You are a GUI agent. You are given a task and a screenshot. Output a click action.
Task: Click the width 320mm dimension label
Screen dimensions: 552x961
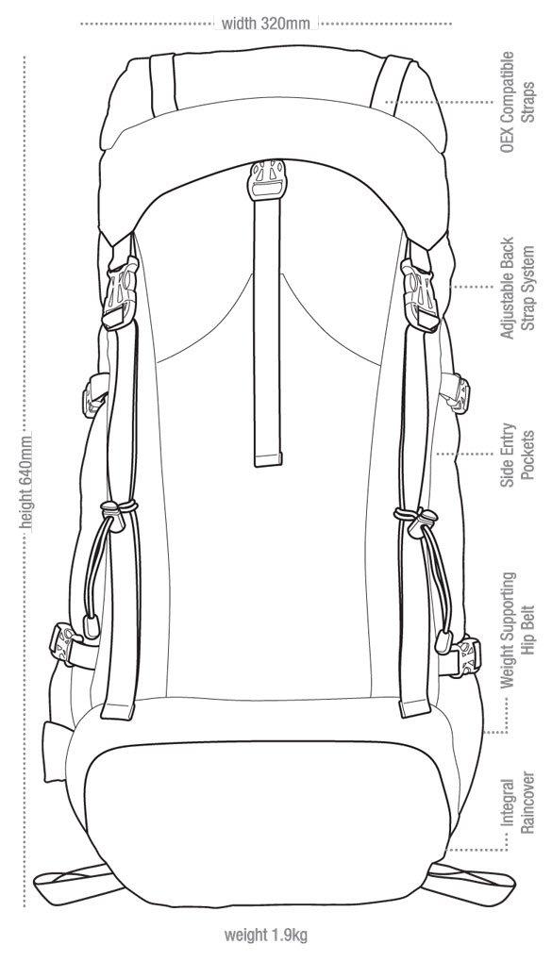266,24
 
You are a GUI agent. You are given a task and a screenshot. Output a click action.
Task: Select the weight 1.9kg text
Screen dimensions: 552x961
265,936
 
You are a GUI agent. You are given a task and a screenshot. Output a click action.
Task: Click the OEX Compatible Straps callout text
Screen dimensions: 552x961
516,102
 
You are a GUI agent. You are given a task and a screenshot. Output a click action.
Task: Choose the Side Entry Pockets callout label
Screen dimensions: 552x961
517,455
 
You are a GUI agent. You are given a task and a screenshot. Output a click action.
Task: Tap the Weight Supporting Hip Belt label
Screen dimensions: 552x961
517,629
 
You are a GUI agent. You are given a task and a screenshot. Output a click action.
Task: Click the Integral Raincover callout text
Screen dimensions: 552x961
517,806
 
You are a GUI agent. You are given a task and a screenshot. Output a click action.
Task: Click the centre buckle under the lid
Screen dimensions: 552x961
265,179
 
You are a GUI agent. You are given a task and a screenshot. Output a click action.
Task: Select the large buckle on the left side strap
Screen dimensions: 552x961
120,293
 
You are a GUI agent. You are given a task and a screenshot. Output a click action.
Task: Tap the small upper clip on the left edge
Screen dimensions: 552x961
95,395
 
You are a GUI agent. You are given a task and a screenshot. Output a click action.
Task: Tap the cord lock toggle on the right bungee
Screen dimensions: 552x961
423,522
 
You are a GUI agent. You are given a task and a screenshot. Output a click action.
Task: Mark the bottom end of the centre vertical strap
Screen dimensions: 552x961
267,460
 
